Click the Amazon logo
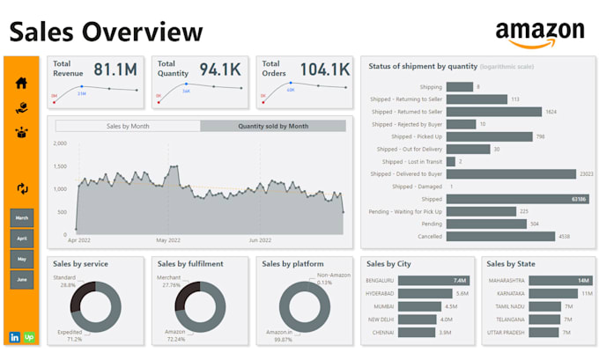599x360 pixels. tap(539, 33)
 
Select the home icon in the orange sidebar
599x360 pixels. tap(22, 83)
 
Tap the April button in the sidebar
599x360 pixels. tap(22, 238)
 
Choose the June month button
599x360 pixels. tap(22, 280)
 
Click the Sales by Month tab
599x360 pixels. tap(128, 126)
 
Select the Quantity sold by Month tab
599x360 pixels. tap(273, 126)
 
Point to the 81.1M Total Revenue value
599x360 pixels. tap(115, 70)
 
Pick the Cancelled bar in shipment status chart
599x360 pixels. tap(500, 236)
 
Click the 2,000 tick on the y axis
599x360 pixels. tap(60, 143)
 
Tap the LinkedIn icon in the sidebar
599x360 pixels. tap(15, 337)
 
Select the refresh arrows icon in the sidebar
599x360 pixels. tap(22, 188)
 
